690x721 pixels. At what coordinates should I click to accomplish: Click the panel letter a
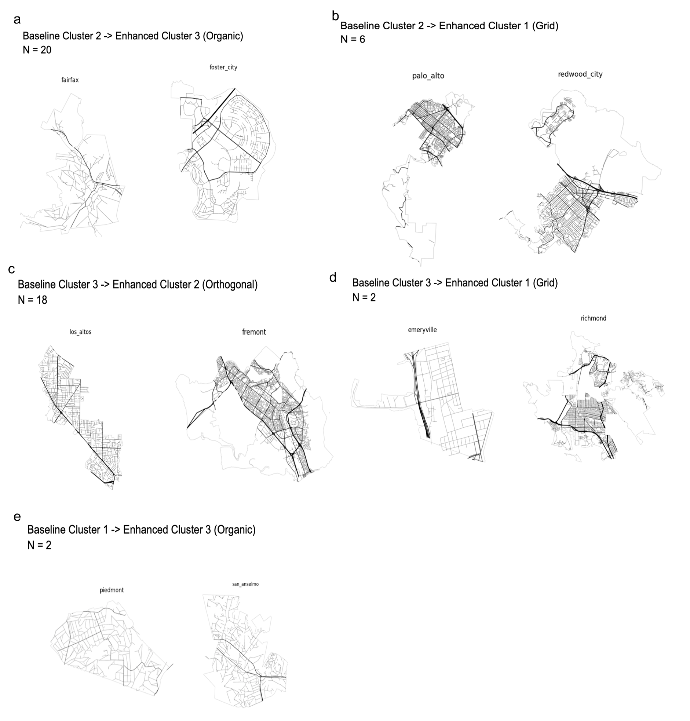point(17,20)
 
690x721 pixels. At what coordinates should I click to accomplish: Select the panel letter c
point(11,270)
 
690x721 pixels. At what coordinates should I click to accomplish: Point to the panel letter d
point(333,277)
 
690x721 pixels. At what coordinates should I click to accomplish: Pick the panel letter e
point(17,517)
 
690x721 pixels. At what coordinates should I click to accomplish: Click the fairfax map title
point(70,80)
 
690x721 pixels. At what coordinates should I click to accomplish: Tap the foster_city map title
point(223,67)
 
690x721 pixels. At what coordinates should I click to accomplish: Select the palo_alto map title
point(428,76)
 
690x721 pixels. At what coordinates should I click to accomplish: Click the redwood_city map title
point(580,74)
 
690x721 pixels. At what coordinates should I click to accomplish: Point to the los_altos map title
point(81,332)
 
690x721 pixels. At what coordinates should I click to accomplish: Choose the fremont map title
point(254,332)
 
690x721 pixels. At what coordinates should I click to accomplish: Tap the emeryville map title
point(422,330)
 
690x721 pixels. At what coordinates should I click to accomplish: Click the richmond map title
point(593,318)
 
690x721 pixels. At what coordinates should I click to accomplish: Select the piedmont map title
point(112,590)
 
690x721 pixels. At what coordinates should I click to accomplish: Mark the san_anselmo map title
point(245,584)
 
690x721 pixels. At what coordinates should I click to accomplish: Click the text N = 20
point(37,50)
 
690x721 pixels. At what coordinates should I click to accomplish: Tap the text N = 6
point(353,39)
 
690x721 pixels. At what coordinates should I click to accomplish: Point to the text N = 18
point(32,300)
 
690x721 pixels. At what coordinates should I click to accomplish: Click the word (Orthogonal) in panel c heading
point(230,285)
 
